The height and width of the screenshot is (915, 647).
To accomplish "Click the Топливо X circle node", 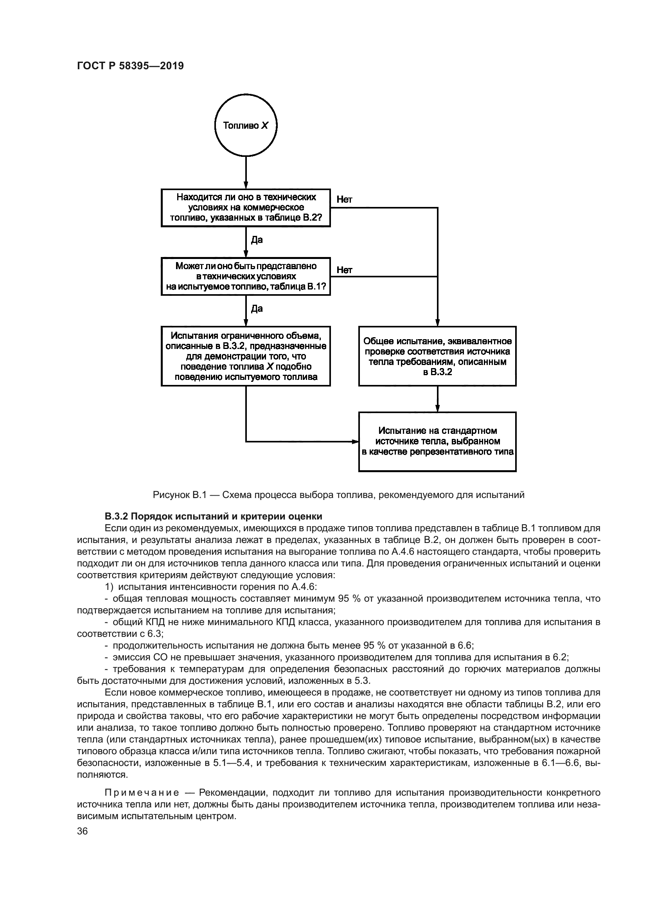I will [246, 126].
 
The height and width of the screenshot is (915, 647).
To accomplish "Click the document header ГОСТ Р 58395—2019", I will [130, 66].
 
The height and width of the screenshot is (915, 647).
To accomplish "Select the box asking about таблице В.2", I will [246, 208].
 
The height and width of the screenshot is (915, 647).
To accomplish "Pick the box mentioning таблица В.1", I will [246, 277].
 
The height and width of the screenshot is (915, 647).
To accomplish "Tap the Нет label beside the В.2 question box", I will [344, 199].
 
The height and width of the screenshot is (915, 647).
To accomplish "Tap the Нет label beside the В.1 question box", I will [344, 270].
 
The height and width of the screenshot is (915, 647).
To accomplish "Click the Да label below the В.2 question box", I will [257, 240].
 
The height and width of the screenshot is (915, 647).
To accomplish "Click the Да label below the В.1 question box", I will [257, 309].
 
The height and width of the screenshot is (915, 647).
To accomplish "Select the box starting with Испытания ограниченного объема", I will [246, 356].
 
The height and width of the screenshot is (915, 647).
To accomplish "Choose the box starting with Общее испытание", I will [437, 356].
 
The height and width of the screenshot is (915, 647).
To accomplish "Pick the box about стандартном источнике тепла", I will [437, 442].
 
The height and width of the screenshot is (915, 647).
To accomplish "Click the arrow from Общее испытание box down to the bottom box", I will [437, 399].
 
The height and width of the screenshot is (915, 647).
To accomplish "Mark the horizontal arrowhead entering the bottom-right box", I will [354, 442].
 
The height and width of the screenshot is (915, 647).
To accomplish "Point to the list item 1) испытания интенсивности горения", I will [211, 587].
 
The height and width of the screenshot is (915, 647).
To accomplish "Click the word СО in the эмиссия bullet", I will [147, 657].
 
